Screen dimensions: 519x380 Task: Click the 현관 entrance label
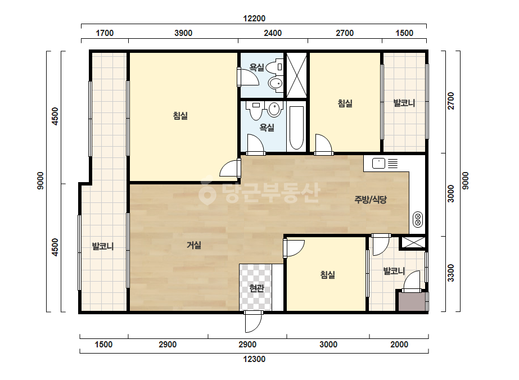(x=256, y=288)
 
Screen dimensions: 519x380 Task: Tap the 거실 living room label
(x=194, y=245)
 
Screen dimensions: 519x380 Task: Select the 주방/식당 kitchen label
(x=371, y=199)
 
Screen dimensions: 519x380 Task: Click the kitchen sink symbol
(x=378, y=164)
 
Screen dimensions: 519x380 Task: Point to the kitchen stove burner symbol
(x=418, y=219)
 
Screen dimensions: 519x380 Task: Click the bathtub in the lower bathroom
(x=296, y=128)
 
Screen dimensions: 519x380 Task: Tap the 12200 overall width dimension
(x=254, y=19)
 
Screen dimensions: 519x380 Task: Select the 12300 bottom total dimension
(x=254, y=359)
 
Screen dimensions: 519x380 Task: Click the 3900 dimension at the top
(x=183, y=33)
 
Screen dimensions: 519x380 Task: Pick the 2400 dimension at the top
(x=273, y=33)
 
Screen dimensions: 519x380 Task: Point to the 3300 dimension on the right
(x=451, y=273)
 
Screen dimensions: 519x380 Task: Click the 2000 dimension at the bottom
(x=399, y=345)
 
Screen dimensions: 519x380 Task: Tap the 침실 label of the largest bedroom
(x=180, y=116)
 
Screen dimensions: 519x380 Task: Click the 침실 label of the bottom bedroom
(x=328, y=275)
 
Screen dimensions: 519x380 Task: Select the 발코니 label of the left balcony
(x=102, y=246)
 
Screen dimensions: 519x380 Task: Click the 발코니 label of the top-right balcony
(x=404, y=103)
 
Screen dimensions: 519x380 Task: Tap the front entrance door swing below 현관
(x=254, y=322)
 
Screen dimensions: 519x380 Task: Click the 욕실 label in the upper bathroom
(x=256, y=67)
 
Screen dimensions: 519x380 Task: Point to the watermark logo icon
(x=207, y=193)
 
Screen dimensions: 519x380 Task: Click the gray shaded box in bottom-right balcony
(x=412, y=301)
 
